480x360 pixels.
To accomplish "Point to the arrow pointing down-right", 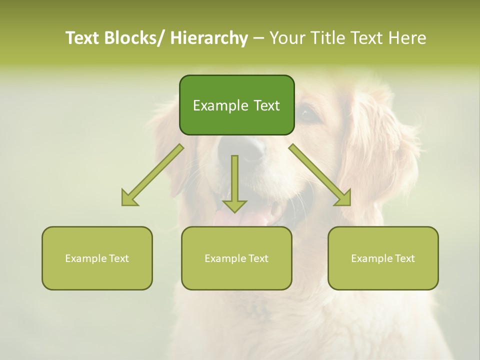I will [320, 175].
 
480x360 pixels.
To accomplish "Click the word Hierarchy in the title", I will [209, 38].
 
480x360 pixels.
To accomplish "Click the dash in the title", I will [258, 38].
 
